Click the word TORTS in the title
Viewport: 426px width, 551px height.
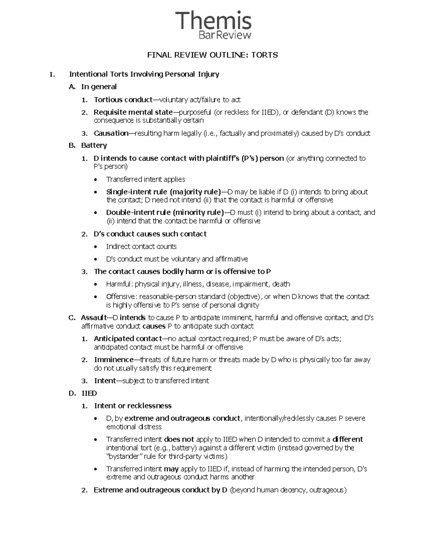click(264, 55)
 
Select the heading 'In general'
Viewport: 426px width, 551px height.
click(99, 87)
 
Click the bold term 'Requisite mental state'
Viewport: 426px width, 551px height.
click(133, 112)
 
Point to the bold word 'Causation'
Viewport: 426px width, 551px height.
click(111, 133)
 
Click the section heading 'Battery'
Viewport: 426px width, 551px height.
click(94, 145)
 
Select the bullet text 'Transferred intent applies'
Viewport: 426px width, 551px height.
click(146, 180)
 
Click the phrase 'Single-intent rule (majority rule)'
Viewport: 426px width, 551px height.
click(163, 192)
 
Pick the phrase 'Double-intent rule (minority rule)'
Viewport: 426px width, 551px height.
click(165, 213)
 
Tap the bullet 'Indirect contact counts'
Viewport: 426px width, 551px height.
click(141, 247)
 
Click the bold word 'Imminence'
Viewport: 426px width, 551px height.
click(114, 360)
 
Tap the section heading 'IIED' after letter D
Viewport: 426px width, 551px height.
click(89, 393)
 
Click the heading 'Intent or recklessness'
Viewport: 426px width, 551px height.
click(132, 406)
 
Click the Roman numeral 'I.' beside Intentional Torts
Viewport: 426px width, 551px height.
click(53, 75)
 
